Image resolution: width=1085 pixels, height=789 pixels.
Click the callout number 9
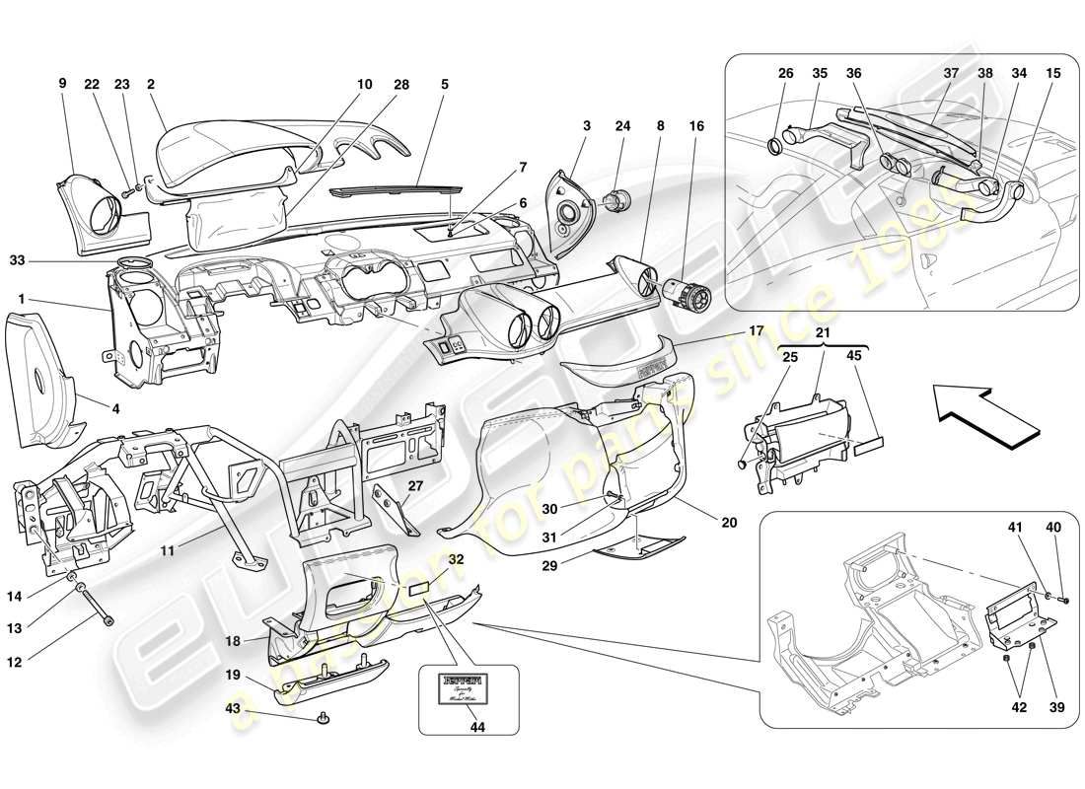[x=62, y=84]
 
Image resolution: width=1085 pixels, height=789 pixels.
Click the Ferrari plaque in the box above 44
[x=468, y=686]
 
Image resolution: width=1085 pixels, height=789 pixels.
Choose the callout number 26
[x=784, y=72]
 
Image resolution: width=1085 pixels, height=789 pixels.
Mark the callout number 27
[x=415, y=486]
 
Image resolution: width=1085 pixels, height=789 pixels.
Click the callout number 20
[x=729, y=524]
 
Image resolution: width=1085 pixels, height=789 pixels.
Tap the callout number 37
[x=951, y=72]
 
